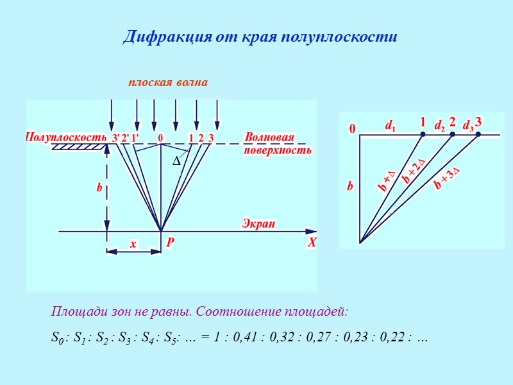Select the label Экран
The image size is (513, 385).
tap(258, 223)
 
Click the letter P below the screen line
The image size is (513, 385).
tap(171, 243)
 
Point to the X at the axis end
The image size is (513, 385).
tap(312, 243)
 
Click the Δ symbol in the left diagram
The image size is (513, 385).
tap(177, 163)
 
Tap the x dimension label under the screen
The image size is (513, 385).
tap(133, 244)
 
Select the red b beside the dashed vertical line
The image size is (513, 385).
tap(99, 189)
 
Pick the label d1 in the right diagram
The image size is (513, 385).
tap(390, 127)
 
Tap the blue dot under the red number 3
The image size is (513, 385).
tap(478, 134)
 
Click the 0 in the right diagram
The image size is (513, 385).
tap(352, 130)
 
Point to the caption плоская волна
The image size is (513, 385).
tap(167, 83)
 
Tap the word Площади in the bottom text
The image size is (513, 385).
tap(73, 312)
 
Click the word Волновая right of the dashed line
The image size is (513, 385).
tap(269, 138)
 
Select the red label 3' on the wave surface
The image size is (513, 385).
tap(115, 137)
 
